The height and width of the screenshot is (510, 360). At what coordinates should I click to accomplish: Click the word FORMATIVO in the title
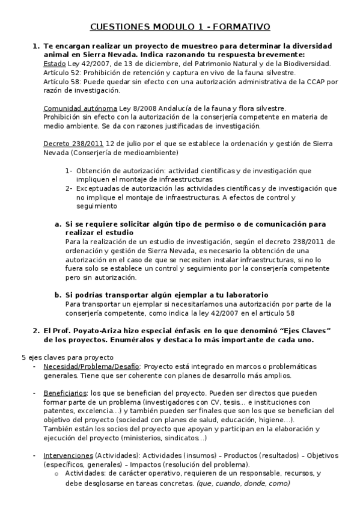(x=240, y=27)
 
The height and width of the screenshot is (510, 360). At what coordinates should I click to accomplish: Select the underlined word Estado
(x=55, y=64)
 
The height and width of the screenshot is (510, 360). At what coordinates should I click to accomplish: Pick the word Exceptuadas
(x=99, y=189)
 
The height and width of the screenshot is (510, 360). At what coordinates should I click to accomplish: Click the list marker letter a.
(x=58, y=224)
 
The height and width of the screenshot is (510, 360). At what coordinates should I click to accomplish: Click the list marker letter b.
(x=58, y=295)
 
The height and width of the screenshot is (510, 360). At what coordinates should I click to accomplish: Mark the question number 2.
(x=35, y=331)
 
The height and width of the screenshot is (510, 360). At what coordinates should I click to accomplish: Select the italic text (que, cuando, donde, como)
(x=239, y=484)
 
